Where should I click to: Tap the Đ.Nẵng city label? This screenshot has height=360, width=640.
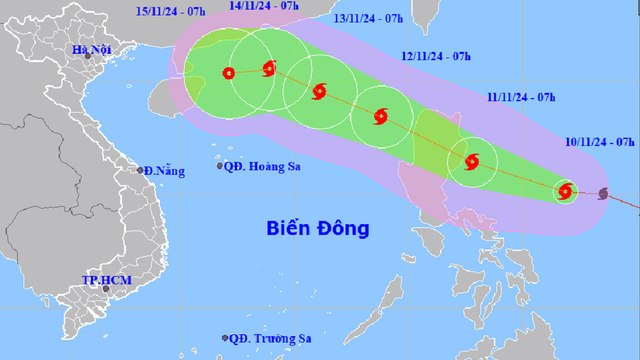(163, 171)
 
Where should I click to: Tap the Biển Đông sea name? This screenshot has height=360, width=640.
(318, 228)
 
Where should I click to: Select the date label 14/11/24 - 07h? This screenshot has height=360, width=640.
(264, 5)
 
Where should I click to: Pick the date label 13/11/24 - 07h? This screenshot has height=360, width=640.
(368, 18)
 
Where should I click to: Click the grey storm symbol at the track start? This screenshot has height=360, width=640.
(603, 194)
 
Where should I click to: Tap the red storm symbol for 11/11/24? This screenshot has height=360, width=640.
(472, 161)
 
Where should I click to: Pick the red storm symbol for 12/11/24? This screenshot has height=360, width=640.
(380, 117)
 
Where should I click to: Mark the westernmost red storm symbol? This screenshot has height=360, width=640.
(229, 72)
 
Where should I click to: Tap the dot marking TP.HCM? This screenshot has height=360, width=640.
(92, 288)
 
